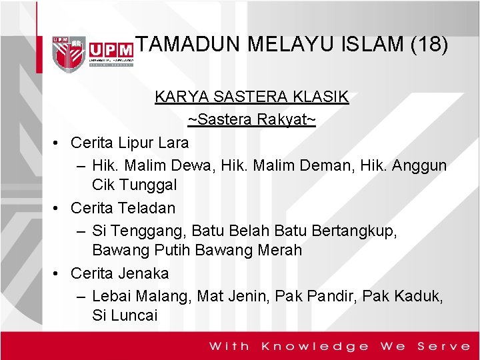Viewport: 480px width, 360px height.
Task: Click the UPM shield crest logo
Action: pos(69,51)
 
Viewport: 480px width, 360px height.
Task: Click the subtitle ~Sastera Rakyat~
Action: pos(251,120)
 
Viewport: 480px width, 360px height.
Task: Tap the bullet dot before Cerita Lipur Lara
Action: pos(58,143)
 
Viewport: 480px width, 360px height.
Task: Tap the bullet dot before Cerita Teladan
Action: pos(58,208)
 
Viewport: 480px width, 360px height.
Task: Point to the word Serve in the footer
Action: pos(444,346)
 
